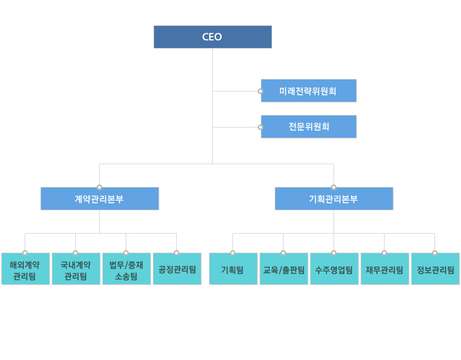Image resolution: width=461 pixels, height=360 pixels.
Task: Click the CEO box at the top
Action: tap(212, 37)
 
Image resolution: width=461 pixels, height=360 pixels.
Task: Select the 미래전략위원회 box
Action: tap(308, 91)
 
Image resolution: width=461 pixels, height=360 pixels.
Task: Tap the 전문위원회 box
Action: tap(308, 126)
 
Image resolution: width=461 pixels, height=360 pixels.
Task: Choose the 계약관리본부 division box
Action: tap(99, 199)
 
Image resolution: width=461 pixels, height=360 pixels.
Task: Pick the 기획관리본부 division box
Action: tap(333, 199)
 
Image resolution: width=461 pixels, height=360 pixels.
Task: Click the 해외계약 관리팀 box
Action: tap(25, 270)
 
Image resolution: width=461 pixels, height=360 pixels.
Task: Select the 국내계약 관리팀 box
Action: tap(76, 270)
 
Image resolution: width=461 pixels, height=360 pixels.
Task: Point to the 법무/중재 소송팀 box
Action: tap(126, 270)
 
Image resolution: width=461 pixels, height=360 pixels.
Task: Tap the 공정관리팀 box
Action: tap(177, 270)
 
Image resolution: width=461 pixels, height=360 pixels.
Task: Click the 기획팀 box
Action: tap(233, 270)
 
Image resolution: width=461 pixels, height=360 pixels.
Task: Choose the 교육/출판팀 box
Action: tap(284, 270)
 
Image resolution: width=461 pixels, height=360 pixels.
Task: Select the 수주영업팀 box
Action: tap(334, 270)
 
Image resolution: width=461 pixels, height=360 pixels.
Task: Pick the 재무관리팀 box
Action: tap(385, 270)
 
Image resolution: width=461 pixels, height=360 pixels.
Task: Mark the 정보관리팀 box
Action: tap(435, 270)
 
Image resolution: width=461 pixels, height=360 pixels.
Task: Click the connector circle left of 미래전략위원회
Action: tap(260, 91)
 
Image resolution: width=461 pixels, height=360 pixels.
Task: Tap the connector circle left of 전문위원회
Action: tap(260, 127)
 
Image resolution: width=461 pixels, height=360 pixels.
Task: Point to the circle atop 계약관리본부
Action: tap(99, 187)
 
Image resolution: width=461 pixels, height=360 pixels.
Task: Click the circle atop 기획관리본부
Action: tap(333, 187)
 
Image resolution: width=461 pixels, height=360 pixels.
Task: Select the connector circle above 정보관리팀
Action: tap(434, 253)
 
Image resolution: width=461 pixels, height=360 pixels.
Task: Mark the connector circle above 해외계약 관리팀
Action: tap(25, 253)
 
